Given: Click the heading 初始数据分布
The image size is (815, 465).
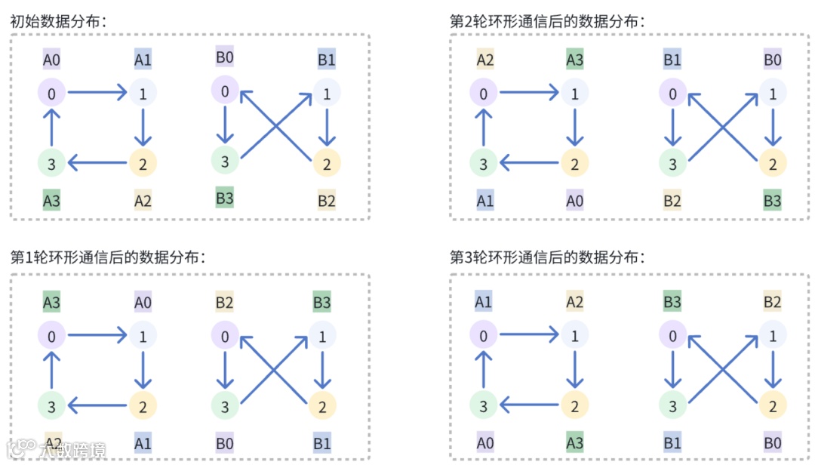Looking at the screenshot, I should tap(58, 21).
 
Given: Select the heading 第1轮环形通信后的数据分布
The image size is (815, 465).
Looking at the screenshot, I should tap(107, 257).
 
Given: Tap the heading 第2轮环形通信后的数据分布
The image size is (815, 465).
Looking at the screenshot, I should tap(548, 21).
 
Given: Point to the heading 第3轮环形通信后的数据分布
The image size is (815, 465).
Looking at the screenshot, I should tap(548, 257).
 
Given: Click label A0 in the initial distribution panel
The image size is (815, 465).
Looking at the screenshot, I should tap(51, 59).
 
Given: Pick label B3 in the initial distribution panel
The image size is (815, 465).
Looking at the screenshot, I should tap(224, 199).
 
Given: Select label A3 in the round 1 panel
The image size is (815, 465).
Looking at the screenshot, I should tap(51, 303).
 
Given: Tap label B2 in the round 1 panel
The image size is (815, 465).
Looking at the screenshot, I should tap(224, 303).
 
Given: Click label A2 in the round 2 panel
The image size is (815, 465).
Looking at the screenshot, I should tap(484, 59).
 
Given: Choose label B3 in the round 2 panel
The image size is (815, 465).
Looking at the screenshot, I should tap(772, 201).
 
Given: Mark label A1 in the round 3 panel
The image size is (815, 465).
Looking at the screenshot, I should tap(484, 303).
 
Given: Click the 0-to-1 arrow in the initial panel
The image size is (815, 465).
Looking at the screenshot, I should tap(97, 94).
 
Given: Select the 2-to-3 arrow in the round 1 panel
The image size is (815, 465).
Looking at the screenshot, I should tap(97, 407).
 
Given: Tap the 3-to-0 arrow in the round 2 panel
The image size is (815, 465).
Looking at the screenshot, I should tap(484, 128).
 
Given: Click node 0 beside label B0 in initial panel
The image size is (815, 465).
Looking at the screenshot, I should tap(225, 91).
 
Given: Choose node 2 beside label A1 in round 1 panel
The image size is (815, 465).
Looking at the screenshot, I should tap(143, 407).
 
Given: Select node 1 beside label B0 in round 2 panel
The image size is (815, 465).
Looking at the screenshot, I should tap(772, 94).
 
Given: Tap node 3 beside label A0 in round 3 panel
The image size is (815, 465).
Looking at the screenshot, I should tap(484, 407).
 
